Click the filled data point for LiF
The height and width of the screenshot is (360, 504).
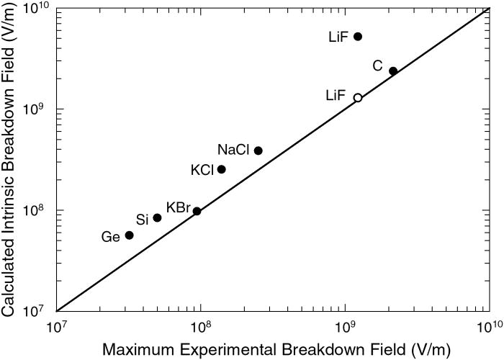[x=358, y=36]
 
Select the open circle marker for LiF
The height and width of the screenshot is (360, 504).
[x=358, y=97]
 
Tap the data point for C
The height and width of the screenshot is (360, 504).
[x=393, y=71]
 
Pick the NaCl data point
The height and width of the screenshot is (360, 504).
[x=258, y=150]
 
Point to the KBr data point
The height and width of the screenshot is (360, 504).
[x=197, y=211]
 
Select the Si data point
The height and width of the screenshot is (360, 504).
[x=158, y=217]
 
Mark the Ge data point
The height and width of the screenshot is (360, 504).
[x=130, y=235]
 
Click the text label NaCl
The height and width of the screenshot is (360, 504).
[x=233, y=150]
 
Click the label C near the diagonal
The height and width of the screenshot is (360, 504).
[x=377, y=66]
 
